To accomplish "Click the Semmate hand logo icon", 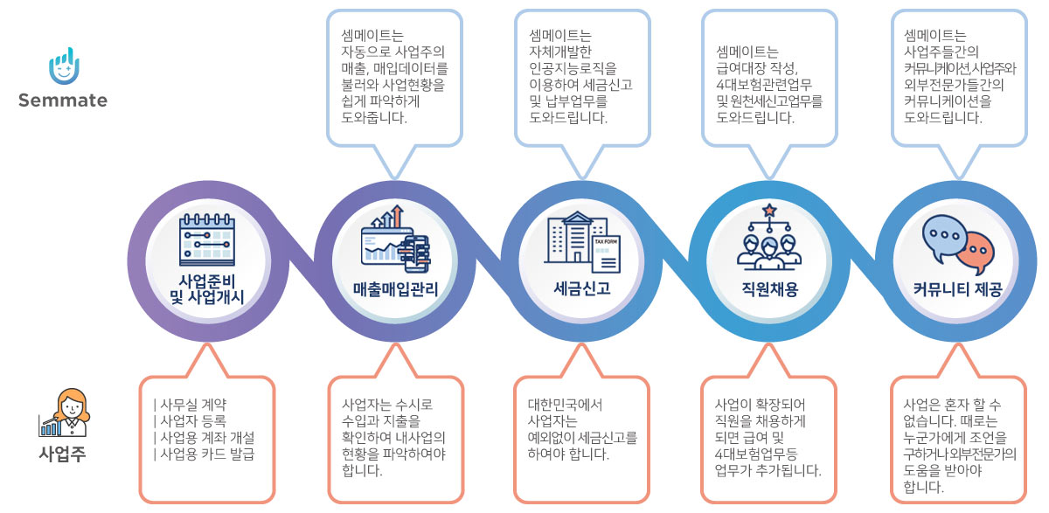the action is (x=64, y=66).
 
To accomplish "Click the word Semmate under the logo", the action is (x=63, y=101).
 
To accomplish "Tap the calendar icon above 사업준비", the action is (x=207, y=239).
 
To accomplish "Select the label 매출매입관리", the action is (x=395, y=289).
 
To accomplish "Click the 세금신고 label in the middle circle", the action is (x=582, y=288).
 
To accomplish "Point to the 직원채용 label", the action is (x=769, y=289).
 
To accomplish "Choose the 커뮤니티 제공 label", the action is (x=957, y=289).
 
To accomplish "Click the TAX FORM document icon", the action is (x=606, y=253).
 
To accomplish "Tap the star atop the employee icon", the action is (x=769, y=211).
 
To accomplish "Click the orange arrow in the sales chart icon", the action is (x=397, y=216).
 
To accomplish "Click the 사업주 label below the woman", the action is (x=63, y=454).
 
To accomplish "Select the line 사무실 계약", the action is (x=193, y=405).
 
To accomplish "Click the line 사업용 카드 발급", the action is (x=207, y=454).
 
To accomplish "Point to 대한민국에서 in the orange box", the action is (x=565, y=405).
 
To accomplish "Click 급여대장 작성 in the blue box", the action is (x=757, y=68).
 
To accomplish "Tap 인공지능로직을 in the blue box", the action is (x=573, y=68).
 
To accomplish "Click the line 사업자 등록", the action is (x=193, y=420).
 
